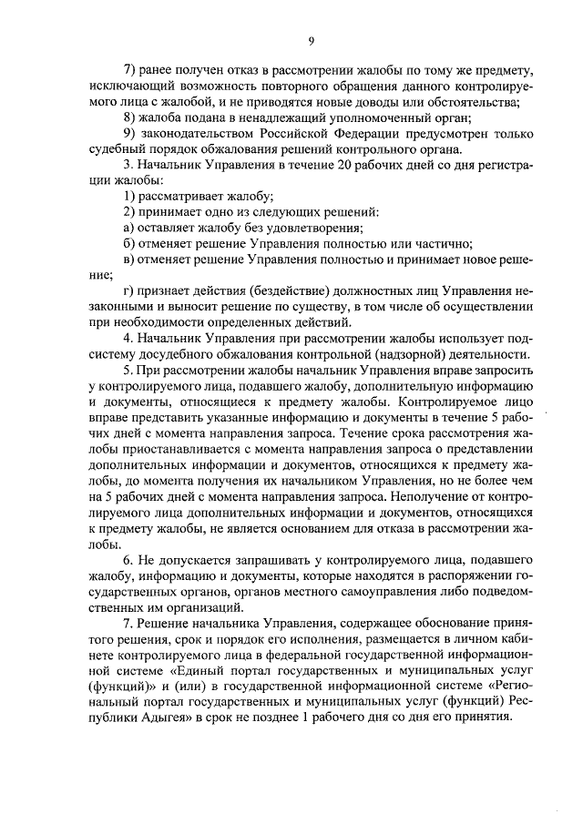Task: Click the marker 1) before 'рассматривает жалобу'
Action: [128, 197]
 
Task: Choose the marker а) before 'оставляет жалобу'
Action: [128, 228]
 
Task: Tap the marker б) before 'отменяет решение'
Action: [128, 243]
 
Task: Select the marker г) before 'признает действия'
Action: [128, 290]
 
